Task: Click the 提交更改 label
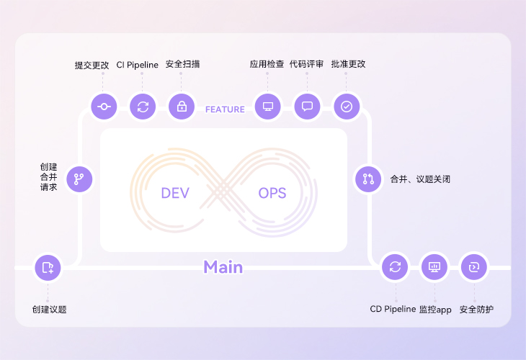click(92, 64)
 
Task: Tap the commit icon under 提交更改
click(104, 107)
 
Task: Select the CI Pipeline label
click(137, 64)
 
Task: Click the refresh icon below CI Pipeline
click(143, 107)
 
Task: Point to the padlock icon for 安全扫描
click(182, 107)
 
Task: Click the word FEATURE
click(225, 109)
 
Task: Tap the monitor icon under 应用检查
click(269, 107)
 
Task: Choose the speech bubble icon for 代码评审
click(308, 107)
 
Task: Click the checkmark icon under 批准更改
click(347, 107)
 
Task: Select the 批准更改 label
click(349, 64)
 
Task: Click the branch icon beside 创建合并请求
click(79, 179)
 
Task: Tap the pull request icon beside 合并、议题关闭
click(368, 179)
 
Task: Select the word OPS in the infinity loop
click(272, 193)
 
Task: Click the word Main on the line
click(223, 267)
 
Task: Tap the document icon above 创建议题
click(48, 267)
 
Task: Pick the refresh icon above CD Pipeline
click(395, 267)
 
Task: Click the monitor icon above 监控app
click(434, 267)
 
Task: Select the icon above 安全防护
click(473, 267)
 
